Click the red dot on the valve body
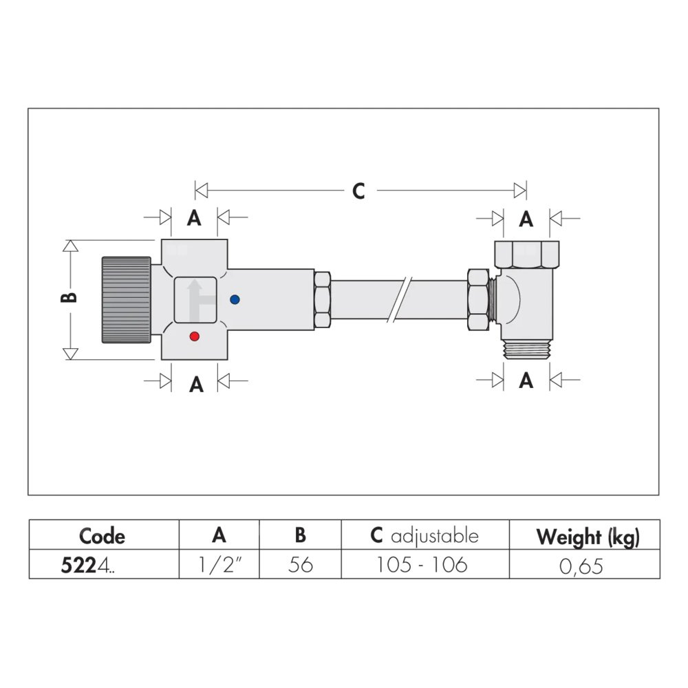point(195,336)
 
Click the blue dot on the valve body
point(235,300)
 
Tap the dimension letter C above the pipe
point(358,191)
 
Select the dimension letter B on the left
point(69,297)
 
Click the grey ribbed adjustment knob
point(127,300)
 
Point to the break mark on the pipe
point(400,300)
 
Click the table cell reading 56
point(301,565)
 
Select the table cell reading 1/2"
point(219,565)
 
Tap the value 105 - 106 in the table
point(422,565)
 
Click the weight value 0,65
point(581,566)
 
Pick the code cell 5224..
point(88,565)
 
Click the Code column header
point(103,536)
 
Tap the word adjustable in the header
point(434,537)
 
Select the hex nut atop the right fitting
point(526,254)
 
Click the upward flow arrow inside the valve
point(195,301)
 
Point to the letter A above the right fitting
point(526,219)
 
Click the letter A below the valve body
point(196,385)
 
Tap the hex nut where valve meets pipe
point(323,300)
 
